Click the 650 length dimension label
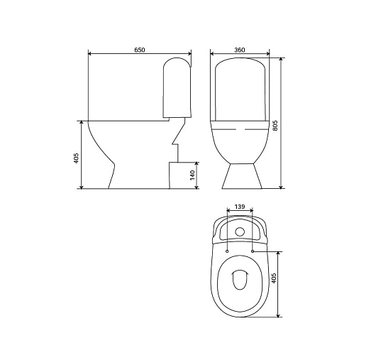(x=140, y=50)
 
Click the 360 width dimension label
(x=240, y=50)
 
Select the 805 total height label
(x=275, y=126)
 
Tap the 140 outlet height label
(x=192, y=175)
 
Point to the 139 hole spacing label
(x=240, y=207)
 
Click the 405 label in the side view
(x=76, y=158)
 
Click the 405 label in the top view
(x=274, y=278)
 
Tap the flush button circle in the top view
(x=240, y=231)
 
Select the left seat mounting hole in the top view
(x=227, y=251)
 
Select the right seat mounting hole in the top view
(x=253, y=251)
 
